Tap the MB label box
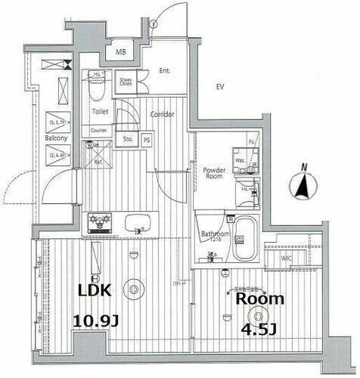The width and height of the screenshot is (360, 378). (121, 52)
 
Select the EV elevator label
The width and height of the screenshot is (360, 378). (220, 87)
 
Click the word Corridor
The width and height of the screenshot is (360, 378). (161, 115)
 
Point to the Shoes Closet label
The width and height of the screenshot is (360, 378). (126, 81)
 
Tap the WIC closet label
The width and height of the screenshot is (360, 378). (287, 259)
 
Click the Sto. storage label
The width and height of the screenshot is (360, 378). (128, 139)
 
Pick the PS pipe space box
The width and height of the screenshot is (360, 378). (147, 139)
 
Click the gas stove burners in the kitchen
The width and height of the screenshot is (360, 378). (98, 224)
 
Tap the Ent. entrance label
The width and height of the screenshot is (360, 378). (164, 71)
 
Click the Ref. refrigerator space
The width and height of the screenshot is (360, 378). (98, 160)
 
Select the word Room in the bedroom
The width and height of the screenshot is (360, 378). (259, 299)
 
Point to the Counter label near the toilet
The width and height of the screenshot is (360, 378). (99, 130)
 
